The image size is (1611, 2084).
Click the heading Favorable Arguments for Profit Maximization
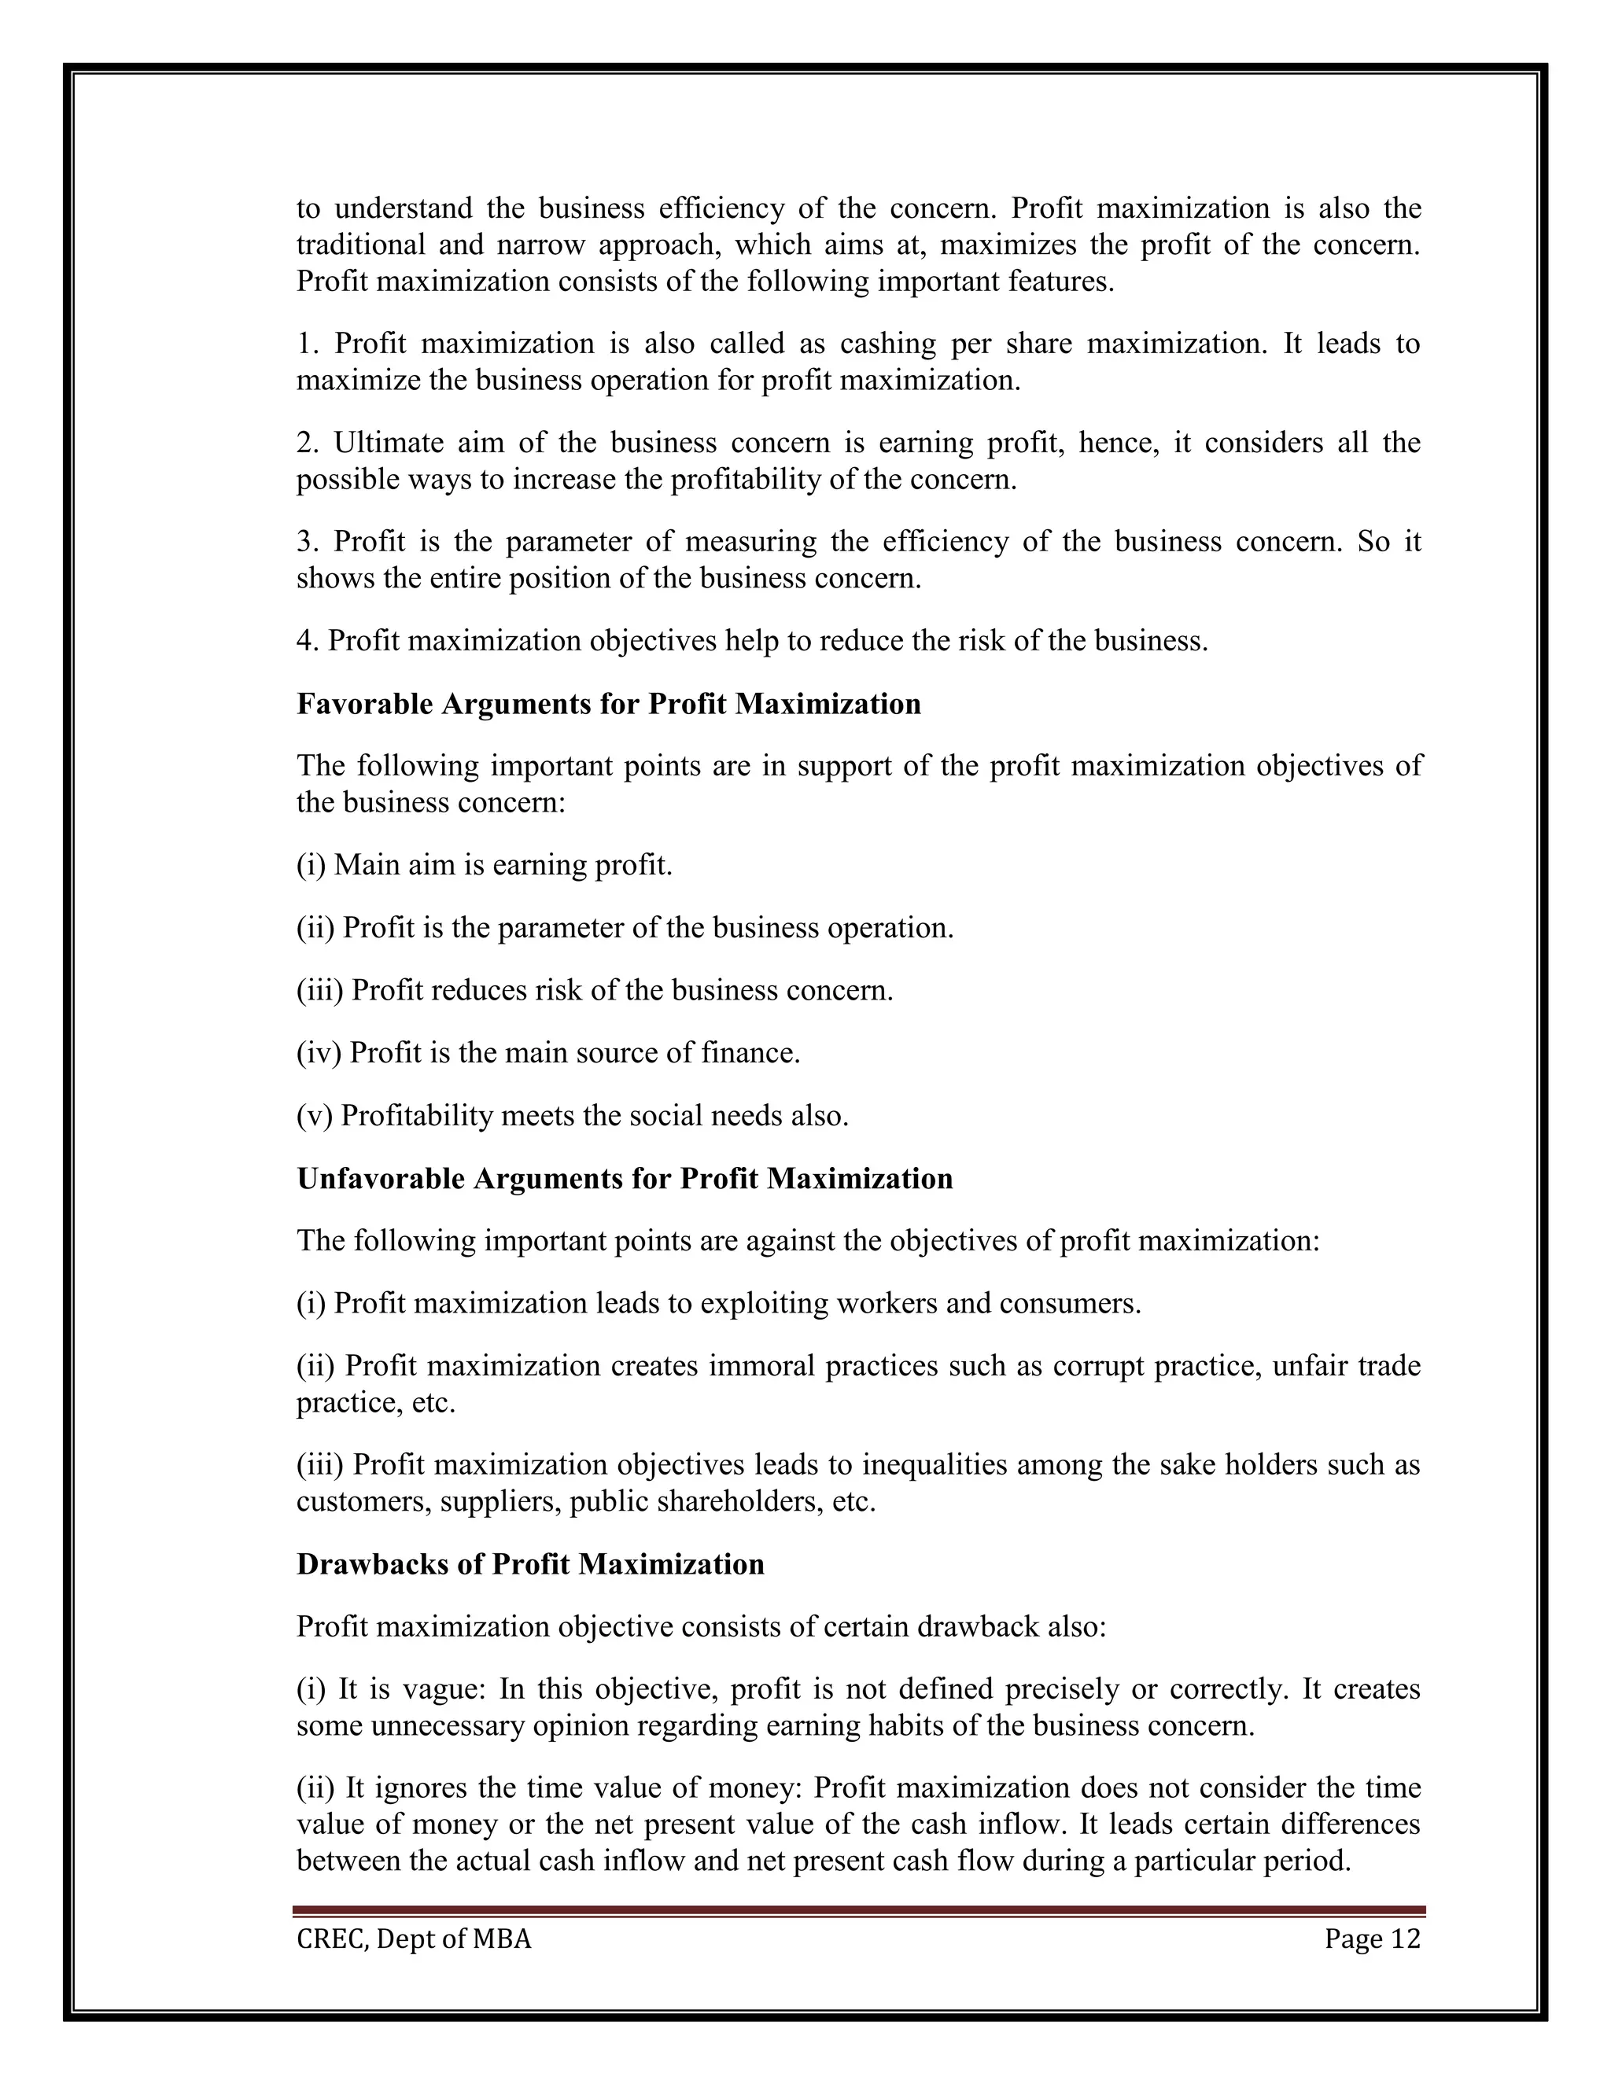coord(609,704)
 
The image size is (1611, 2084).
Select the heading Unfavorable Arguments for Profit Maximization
coord(624,1179)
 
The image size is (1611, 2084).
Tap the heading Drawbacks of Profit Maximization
coord(531,1564)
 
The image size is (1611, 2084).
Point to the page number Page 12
coord(1373,1939)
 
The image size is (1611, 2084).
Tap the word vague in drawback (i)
coord(444,1689)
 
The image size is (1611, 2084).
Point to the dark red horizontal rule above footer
coord(859,1910)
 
